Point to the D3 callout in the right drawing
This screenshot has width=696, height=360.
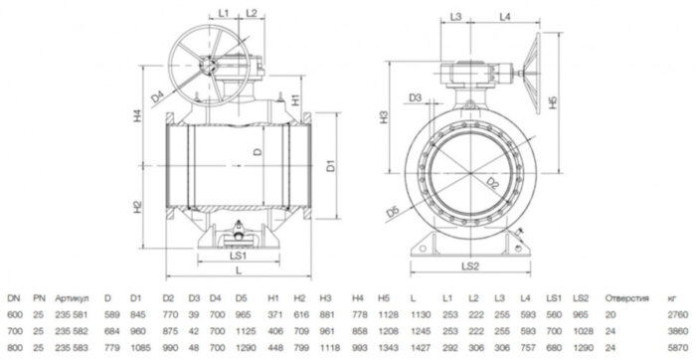click(x=416, y=96)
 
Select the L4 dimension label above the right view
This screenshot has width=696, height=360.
click(x=504, y=18)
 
